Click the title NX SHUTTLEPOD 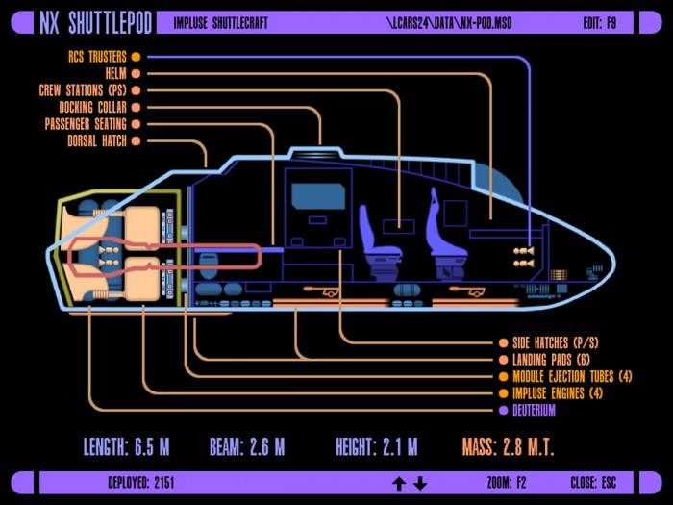pyautogui.click(x=96, y=23)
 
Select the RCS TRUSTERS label pyautogui.click(x=97, y=57)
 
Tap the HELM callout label pyautogui.click(x=116, y=73)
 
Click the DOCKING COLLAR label pyautogui.click(x=92, y=108)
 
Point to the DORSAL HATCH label pyautogui.click(x=97, y=140)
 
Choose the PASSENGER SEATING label pyautogui.click(x=86, y=124)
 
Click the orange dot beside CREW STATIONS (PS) pyautogui.click(x=136, y=90)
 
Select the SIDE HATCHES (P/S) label pyautogui.click(x=555, y=342)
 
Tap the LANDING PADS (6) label pyautogui.click(x=551, y=360)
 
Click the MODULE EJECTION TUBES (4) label pyautogui.click(x=572, y=377)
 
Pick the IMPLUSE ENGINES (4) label pyautogui.click(x=557, y=393)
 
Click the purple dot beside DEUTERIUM pyautogui.click(x=504, y=410)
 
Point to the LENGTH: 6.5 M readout pyautogui.click(x=126, y=447)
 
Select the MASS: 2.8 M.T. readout pyautogui.click(x=509, y=447)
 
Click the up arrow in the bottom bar pyautogui.click(x=399, y=484)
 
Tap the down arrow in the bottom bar pyautogui.click(x=420, y=484)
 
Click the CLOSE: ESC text pyautogui.click(x=593, y=483)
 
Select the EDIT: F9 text pyautogui.click(x=600, y=23)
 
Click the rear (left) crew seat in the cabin pyautogui.click(x=379, y=241)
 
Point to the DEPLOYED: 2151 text pyautogui.click(x=140, y=483)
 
